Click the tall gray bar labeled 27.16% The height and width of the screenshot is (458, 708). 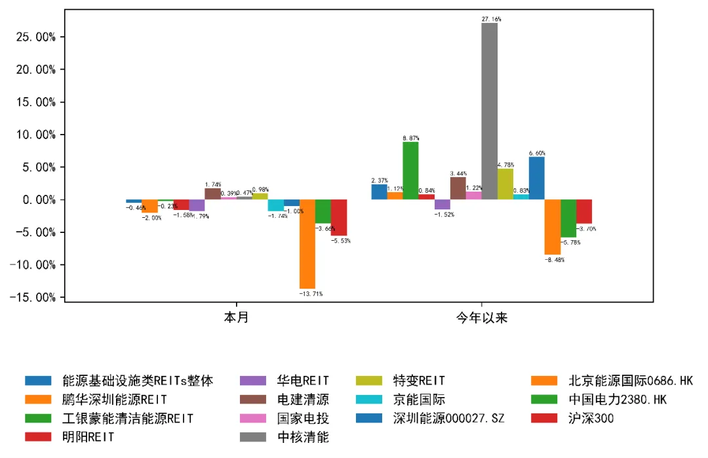click(x=489, y=112)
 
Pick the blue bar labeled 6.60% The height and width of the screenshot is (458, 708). click(x=536, y=178)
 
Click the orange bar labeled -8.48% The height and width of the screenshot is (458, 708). click(x=552, y=227)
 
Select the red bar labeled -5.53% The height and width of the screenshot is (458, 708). click(x=339, y=217)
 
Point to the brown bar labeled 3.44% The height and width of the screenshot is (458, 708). click(x=458, y=188)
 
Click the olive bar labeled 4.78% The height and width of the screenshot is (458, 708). click(x=505, y=184)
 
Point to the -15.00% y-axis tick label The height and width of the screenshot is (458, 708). click(x=32, y=298)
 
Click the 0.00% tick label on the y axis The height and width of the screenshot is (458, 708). click(x=36, y=200)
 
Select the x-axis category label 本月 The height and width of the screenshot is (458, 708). click(x=236, y=319)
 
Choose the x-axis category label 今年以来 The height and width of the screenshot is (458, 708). click(x=482, y=319)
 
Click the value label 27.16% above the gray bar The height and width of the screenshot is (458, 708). click(x=491, y=20)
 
